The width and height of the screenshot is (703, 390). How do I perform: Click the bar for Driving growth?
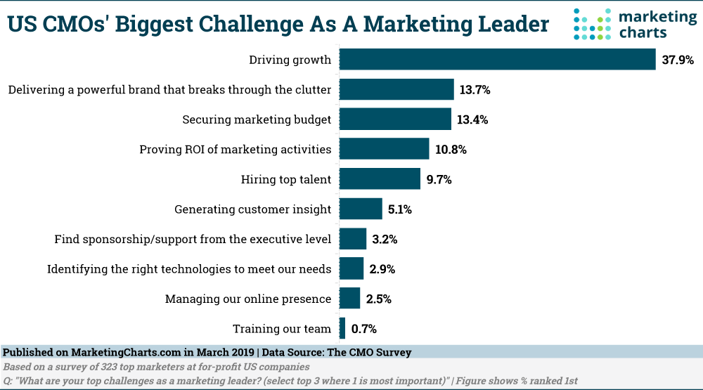coord(497,60)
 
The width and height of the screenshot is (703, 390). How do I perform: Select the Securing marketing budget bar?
coord(395,119)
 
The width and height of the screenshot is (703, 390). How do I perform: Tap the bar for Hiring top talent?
coord(380,179)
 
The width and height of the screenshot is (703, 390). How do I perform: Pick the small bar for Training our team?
coord(342,328)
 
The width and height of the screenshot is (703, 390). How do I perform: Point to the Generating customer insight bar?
coord(361,209)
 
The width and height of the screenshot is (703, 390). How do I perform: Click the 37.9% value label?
coord(678,60)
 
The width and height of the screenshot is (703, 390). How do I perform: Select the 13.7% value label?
coord(475,90)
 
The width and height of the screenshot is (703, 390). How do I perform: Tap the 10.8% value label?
coord(451,150)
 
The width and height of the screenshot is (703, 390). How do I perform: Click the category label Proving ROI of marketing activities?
coord(235,149)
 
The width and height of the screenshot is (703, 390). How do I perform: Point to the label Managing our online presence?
coord(247,299)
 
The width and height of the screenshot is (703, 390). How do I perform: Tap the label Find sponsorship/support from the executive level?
coord(193,239)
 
